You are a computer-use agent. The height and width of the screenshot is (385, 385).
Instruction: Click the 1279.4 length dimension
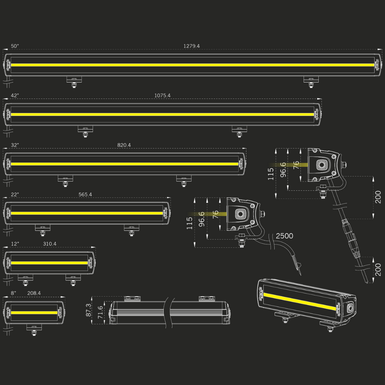pyautogui.click(x=191, y=46)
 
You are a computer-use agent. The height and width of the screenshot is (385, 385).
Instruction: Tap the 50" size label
pyautogui.click(x=15, y=46)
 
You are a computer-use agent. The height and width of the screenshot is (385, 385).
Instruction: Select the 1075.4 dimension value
pyautogui.click(x=162, y=95)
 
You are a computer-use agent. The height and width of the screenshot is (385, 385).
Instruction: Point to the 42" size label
pyautogui.click(x=15, y=95)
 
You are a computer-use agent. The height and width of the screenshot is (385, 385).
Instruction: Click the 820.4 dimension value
pyautogui.click(x=124, y=145)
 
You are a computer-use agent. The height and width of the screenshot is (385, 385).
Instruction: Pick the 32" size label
pyautogui.click(x=15, y=145)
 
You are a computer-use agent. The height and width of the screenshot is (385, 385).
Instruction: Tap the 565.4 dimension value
pyautogui.click(x=85, y=194)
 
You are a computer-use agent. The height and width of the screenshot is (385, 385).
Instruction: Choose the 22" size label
pyautogui.click(x=15, y=194)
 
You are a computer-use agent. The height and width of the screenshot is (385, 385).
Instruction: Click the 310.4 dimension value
pyautogui.click(x=50, y=244)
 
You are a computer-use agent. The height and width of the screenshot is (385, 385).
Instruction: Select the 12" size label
pyautogui.click(x=15, y=244)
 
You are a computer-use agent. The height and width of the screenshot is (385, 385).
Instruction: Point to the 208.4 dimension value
pyautogui.click(x=34, y=293)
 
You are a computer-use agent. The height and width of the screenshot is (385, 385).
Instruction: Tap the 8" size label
pyautogui.click(x=14, y=293)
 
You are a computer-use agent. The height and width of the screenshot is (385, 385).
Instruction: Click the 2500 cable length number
pyautogui.click(x=284, y=236)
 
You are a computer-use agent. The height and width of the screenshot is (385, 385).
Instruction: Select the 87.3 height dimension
pyautogui.click(x=89, y=310)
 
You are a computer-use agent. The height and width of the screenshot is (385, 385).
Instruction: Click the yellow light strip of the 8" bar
pyautogui.click(x=34, y=312)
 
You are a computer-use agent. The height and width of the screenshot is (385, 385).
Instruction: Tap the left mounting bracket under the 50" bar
pyautogui.click(x=74, y=81)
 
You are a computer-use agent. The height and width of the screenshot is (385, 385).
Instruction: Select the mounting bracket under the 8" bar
pyautogui.click(x=34, y=329)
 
